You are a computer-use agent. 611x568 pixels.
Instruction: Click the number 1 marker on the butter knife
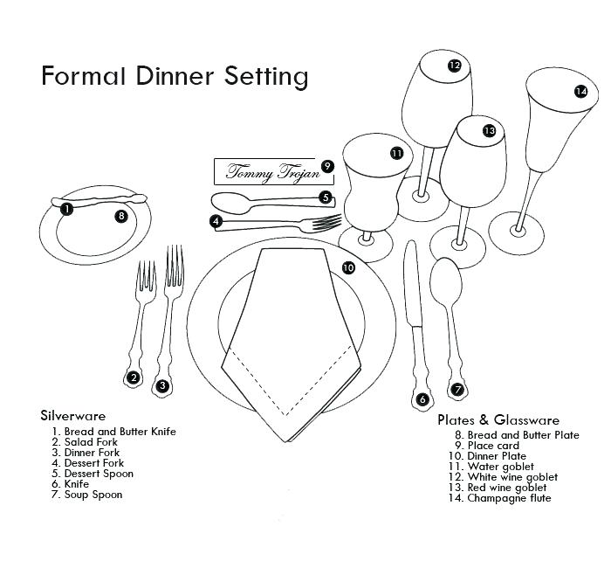66,209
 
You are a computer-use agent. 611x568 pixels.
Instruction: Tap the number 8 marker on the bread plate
121,215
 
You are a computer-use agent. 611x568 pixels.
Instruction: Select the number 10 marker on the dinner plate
348,268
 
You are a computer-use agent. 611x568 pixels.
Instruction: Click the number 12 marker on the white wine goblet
454,66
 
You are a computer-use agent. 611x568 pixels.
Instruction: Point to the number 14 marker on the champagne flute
580,91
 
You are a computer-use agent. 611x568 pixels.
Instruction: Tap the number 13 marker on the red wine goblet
489,131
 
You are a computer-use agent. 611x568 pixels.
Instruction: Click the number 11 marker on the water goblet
396,153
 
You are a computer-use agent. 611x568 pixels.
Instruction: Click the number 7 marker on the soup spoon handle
457,390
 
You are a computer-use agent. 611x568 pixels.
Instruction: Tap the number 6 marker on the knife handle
422,400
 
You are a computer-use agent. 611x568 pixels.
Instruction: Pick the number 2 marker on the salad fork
133,378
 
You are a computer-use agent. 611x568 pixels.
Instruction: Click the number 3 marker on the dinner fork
161,384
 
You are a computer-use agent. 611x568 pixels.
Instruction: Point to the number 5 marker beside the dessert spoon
325,198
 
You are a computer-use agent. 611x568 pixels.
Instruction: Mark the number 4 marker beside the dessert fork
215,222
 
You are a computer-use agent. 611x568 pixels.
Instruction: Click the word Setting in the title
267,77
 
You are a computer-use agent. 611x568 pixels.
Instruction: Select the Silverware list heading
73,416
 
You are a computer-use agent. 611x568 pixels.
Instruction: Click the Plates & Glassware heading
498,420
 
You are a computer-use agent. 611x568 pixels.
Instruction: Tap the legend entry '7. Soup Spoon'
86,495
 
